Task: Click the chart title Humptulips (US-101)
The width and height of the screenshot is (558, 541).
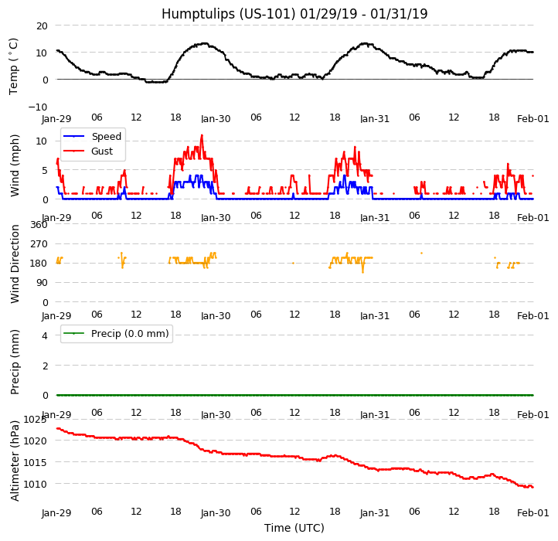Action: click(294, 14)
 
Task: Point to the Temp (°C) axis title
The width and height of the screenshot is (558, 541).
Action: click(14, 66)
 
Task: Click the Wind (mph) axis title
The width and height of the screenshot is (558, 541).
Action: click(15, 165)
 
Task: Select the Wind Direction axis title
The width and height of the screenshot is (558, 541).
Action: click(15, 264)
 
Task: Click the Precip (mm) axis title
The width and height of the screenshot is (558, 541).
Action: click(15, 361)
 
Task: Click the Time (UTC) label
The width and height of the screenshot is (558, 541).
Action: click(294, 528)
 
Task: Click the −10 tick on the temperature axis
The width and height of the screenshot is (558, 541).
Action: click(39, 107)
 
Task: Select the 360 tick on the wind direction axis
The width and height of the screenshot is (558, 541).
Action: click(39, 225)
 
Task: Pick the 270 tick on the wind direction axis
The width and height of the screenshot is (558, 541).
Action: click(39, 244)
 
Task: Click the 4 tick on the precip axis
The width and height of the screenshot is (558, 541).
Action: click(44, 335)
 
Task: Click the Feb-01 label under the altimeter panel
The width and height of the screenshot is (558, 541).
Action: click(533, 513)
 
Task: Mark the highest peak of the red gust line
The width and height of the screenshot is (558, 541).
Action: click(202, 135)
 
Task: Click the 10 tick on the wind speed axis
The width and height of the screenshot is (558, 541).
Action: click(42, 141)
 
